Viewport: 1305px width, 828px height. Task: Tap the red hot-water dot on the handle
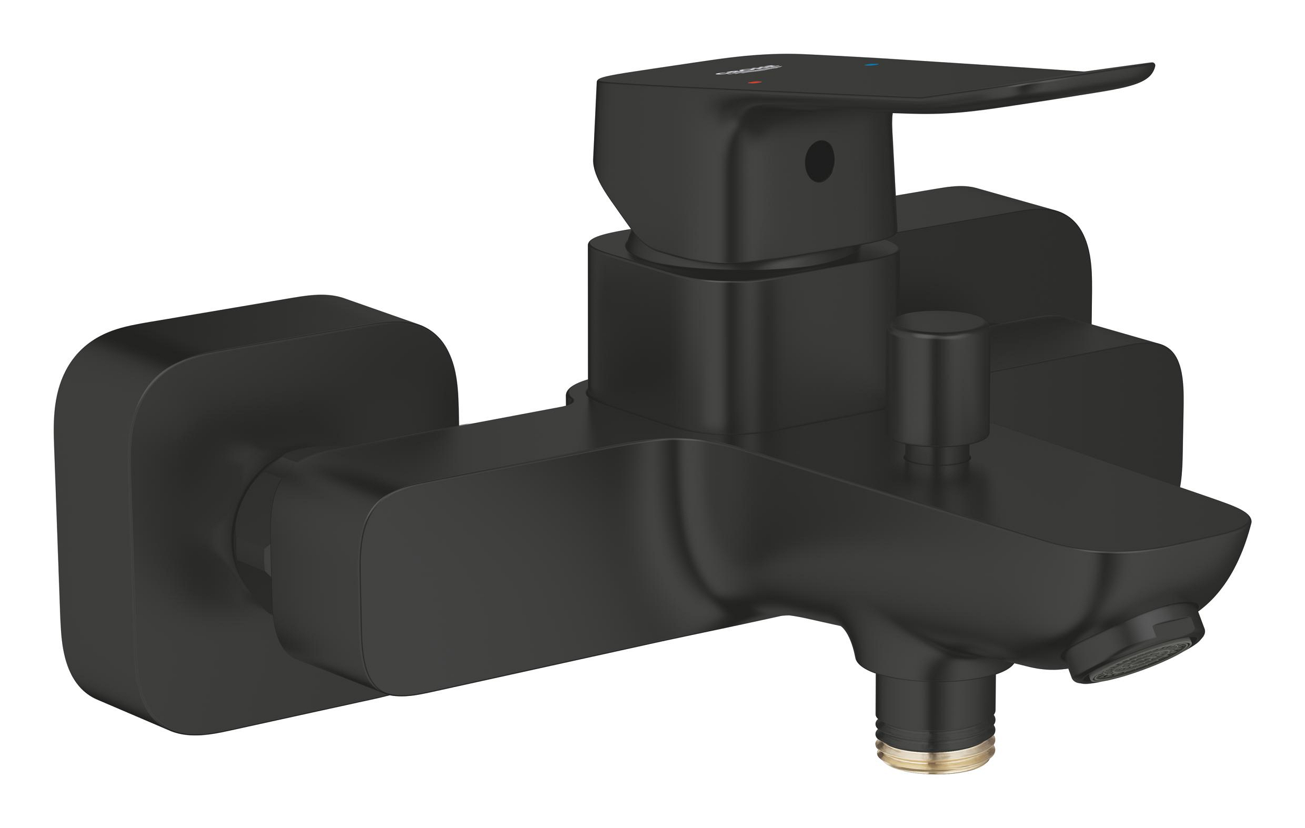point(754,83)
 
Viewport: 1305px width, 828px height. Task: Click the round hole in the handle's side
point(819,161)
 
